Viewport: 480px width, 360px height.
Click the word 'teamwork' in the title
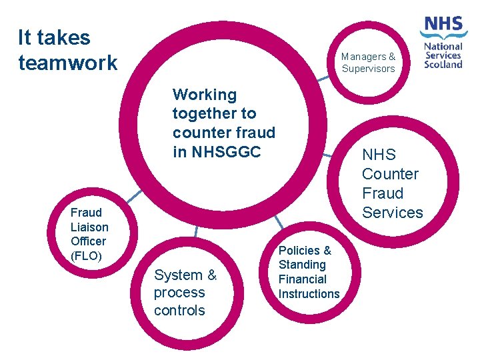68,63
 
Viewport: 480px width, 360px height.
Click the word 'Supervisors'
369,69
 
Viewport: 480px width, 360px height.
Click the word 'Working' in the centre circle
204,95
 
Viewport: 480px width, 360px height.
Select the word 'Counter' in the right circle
390,174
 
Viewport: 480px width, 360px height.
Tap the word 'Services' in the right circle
392,213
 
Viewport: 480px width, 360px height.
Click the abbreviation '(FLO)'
86,255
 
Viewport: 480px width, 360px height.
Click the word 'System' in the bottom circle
177,275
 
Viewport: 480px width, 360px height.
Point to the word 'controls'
179,310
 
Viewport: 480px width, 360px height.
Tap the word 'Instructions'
309,294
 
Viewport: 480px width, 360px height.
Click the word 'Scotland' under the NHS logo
443,65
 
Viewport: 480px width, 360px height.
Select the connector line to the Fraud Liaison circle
134,196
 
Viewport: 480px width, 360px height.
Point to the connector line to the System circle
196,231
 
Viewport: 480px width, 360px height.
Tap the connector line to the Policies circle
279,222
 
